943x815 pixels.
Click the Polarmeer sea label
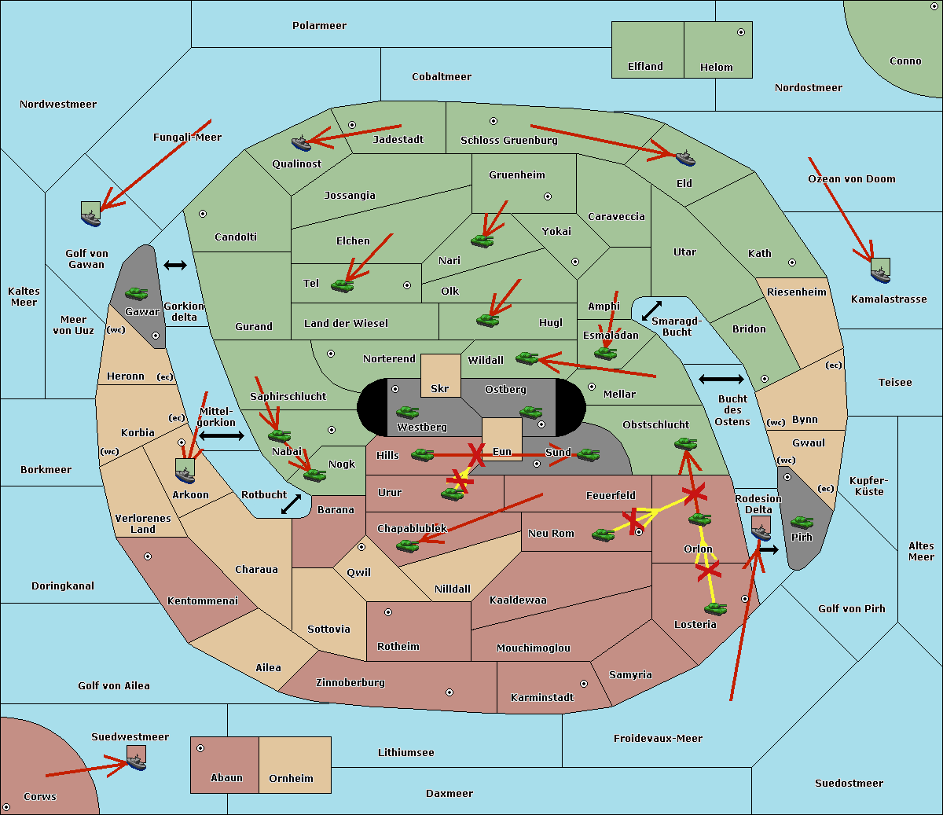(x=319, y=26)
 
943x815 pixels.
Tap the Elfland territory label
(x=645, y=67)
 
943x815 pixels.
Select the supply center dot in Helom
(x=740, y=32)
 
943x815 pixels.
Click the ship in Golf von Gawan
(x=91, y=214)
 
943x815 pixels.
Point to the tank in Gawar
(x=137, y=293)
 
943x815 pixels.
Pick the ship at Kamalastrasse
(x=880, y=271)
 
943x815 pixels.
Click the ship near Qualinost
(x=302, y=143)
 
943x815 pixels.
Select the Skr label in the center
(x=440, y=388)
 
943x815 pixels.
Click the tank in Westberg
(x=407, y=412)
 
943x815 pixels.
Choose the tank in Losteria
(x=715, y=608)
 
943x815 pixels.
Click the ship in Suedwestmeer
(x=137, y=760)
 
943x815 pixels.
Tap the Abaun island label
(x=226, y=778)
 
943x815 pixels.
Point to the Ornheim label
(x=291, y=779)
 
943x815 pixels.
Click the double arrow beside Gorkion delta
(x=175, y=266)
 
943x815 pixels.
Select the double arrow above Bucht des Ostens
(x=721, y=380)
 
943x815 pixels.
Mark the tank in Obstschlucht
(x=685, y=444)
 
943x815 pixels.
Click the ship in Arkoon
(x=185, y=472)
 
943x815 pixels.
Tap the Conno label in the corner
(x=905, y=61)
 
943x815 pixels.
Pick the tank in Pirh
(x=802, y=523)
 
